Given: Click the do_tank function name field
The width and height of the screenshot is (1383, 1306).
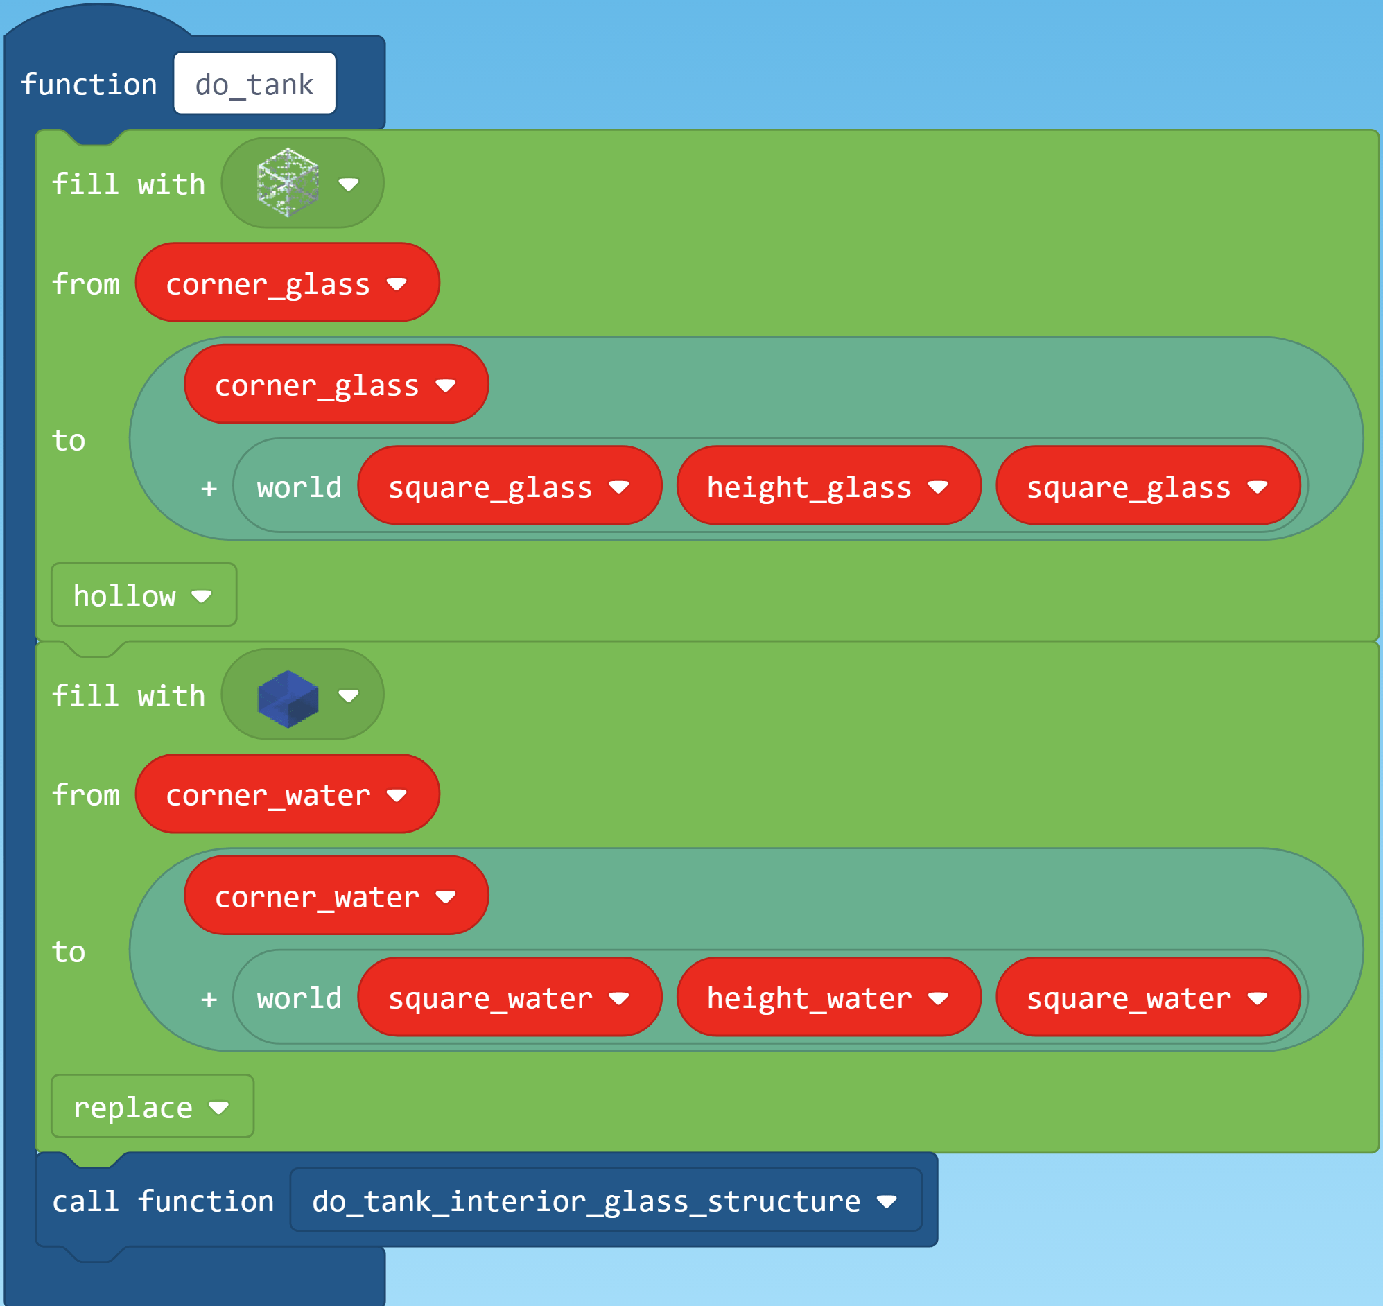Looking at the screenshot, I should (254, 84).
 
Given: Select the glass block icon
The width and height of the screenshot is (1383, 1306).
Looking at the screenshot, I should (288, 182).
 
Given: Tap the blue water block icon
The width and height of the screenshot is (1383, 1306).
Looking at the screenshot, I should (288, 697).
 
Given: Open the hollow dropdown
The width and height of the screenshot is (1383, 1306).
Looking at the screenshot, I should (143, 595).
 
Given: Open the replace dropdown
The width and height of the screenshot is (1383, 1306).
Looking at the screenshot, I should (152, 1107).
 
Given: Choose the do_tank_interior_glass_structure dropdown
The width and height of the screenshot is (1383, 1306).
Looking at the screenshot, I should (604, 1201).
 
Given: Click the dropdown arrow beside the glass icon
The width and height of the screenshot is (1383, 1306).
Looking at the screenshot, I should (349, 184).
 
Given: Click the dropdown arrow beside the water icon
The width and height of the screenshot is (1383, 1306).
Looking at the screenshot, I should (349, 695).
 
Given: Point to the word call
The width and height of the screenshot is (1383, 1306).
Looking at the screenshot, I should (85, 1201).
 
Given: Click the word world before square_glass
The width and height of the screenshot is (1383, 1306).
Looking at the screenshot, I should (299, 487).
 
